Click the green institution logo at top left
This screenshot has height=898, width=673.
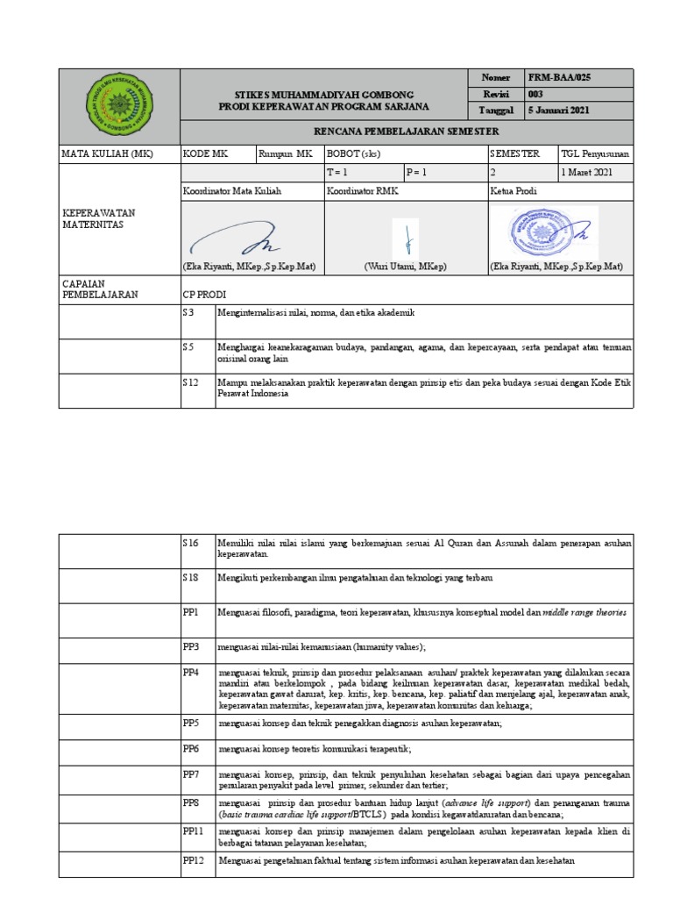coord(118,105)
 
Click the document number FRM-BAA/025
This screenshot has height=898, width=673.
coord(559,77)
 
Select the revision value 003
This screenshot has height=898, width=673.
coord(535,94)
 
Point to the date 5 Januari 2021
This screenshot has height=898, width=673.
coord(560,110)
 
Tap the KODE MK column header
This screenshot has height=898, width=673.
coord(205,153)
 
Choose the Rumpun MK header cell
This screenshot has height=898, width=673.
coord(286,153)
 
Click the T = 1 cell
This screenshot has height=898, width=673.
coord(337,172)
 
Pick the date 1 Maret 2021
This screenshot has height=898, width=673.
coord(589,172)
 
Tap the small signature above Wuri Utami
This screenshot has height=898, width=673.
coord(407,236)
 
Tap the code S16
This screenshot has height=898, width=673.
coord(191,544)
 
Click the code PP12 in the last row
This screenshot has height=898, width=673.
coord(194,860)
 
